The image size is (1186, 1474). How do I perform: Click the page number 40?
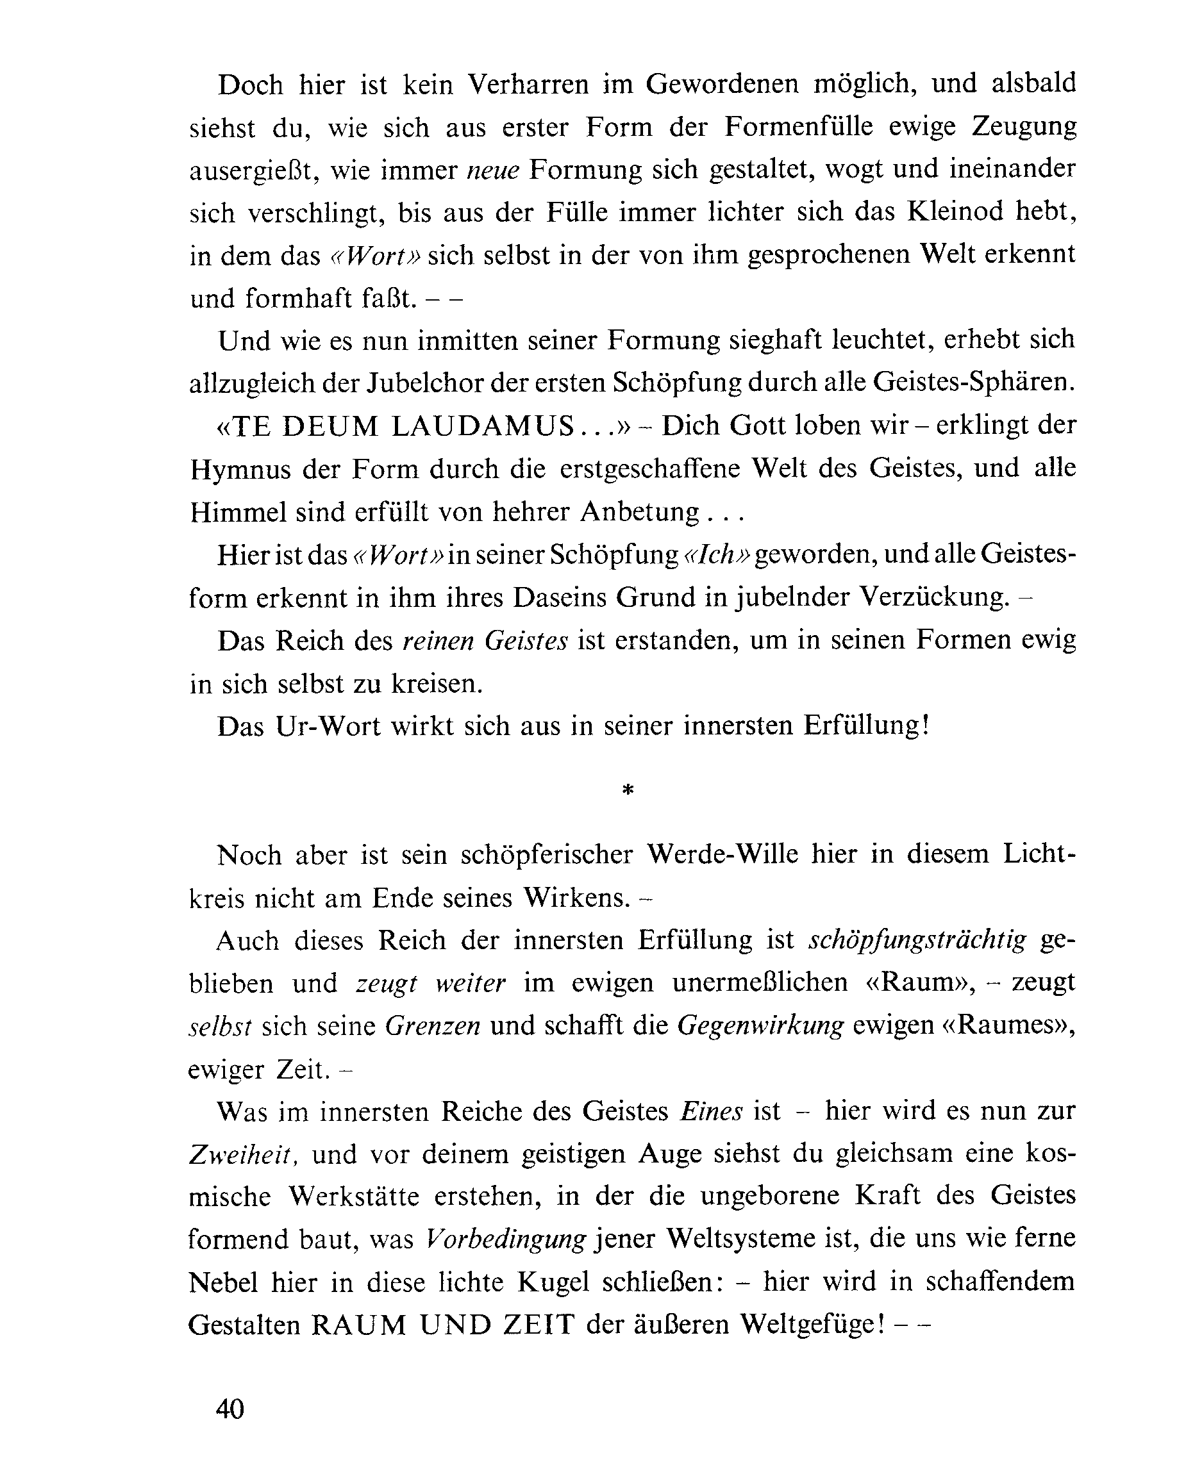[x=230, y=1409]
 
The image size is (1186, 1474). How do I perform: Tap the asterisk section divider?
[x=628, y=791]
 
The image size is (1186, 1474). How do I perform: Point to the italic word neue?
[x=492, y=170]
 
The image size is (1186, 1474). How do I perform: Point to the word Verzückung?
[x=933, y=597]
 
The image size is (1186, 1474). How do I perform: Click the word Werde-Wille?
[x=722, y=854]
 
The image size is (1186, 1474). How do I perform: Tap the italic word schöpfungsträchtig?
[x=917, y=941]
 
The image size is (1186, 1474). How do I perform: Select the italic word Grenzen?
[x=432, y=1026]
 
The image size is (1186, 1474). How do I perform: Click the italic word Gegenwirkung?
[x=760, y=1026]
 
